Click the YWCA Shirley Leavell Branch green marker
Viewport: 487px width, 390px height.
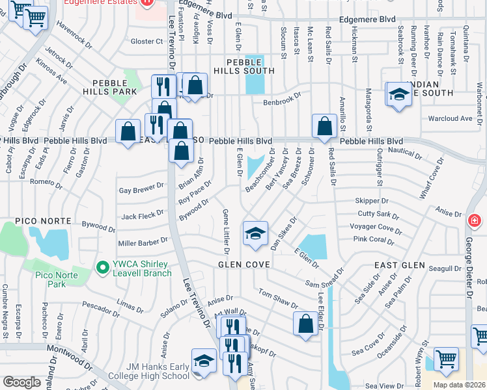[x=102, y=267]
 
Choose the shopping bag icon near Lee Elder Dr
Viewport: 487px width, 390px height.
[x=305, y=324]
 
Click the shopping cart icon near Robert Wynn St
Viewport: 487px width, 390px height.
[x=446, y=358]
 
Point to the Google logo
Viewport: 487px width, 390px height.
[x=21, y=382]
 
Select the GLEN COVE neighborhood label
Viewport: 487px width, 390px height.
[x=240, y=265]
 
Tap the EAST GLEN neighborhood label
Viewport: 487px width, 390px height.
[x=399, y=266]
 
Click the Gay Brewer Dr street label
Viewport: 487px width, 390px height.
[x=141, y=189]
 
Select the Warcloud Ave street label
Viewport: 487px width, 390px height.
[x=450, y=119]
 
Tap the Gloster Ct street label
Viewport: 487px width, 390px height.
[x=146, y=41]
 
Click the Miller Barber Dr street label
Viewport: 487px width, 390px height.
[x=143, y=242]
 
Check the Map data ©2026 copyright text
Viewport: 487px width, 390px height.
[x=458, y=385]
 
